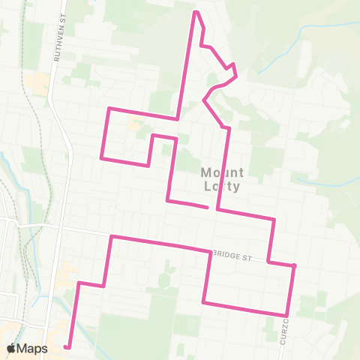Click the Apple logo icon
11,348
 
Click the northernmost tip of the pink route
196,12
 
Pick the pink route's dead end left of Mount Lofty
206,205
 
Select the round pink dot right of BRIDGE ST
295,266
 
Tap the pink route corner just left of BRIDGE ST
208,252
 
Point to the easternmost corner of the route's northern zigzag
237,76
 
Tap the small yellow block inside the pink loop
136,123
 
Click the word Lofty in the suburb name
223,186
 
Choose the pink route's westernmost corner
101,157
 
